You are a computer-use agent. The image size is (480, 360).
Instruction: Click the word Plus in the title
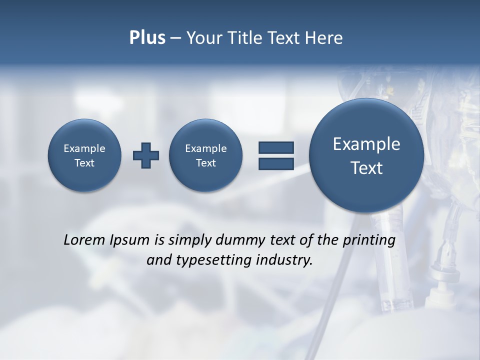[x=147, y=38]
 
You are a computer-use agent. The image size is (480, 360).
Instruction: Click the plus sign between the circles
[x=146, y=155]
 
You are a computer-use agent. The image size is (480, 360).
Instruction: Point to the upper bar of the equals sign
[x=276, y=148]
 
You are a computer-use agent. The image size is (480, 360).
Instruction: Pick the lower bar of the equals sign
[x=276, y=163]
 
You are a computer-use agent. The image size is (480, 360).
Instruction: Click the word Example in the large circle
[x=366, y=144]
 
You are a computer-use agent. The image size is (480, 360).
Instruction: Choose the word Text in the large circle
[x=366, y=168]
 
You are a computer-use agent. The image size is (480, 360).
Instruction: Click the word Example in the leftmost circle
[x=84, y=148]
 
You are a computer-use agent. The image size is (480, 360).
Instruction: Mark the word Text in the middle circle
[x=205, y=163]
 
